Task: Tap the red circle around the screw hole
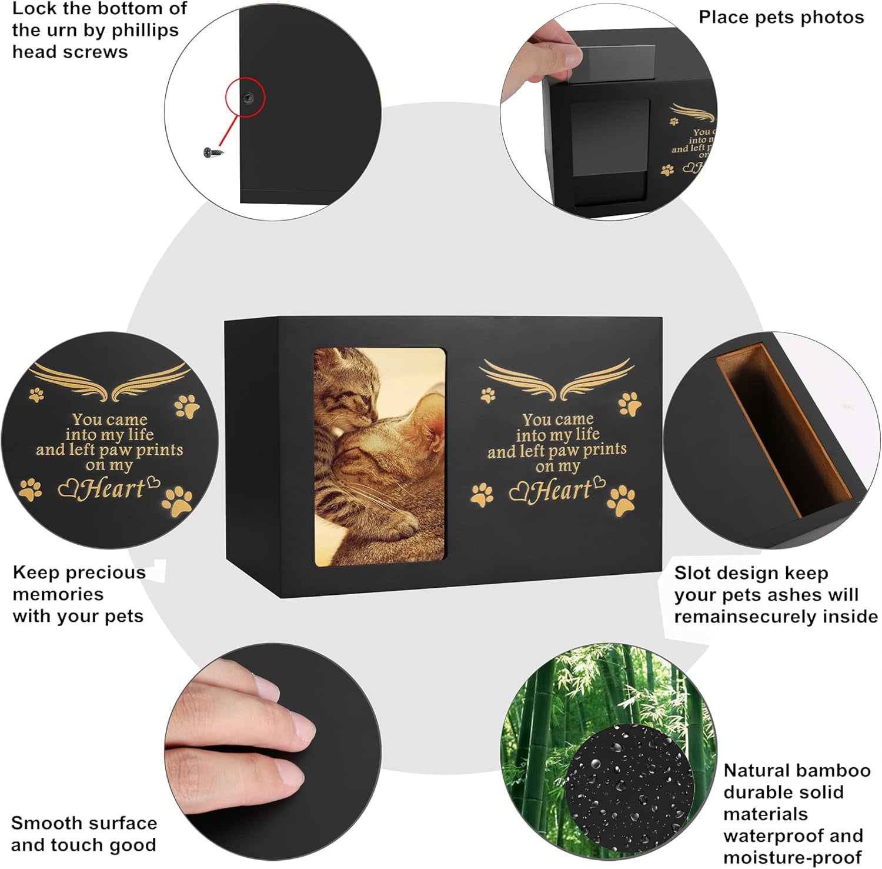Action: coord(246,98)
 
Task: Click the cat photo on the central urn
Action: coord(380,457)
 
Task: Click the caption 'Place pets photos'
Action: coord(781,18)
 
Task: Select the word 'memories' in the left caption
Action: coord(58,594)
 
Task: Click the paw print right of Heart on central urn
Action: coord(622,501)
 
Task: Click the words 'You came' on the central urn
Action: coord(558,419)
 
